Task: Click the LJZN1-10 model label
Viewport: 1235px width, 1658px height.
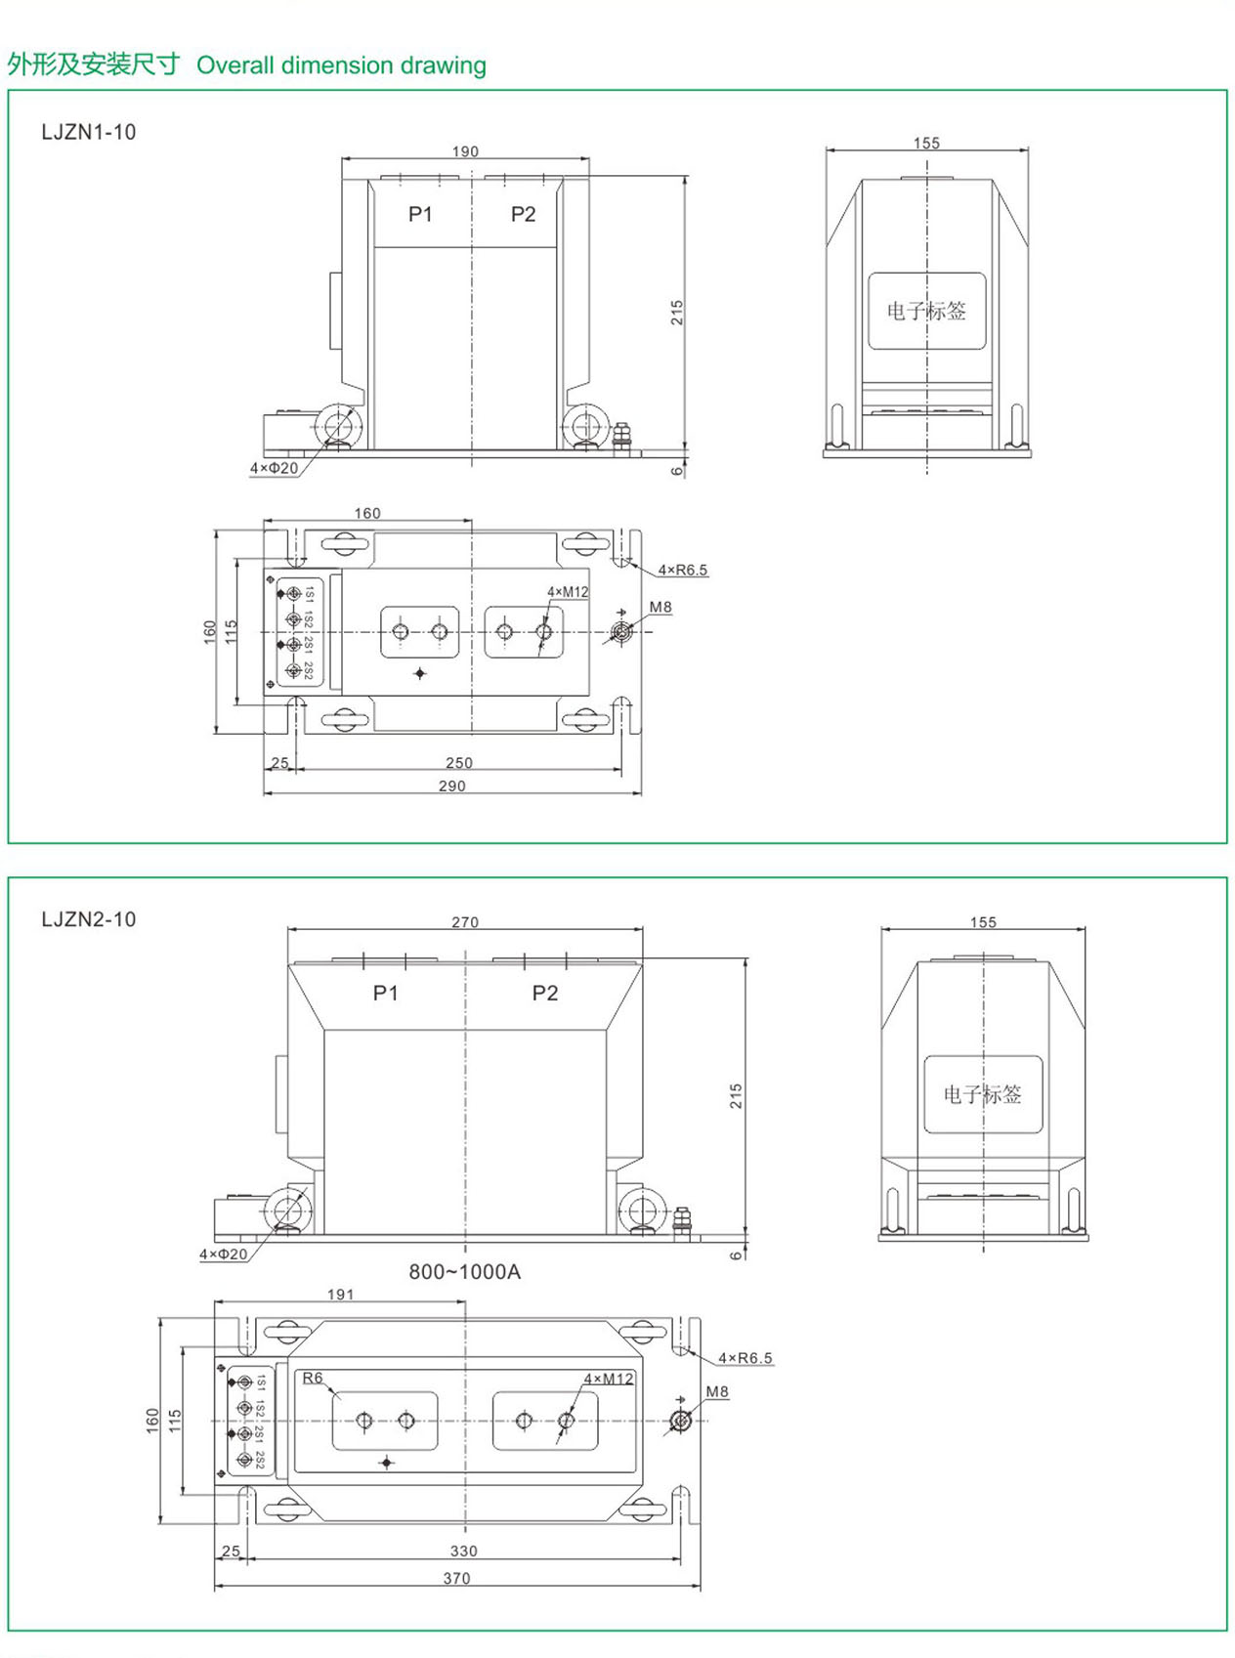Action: click(89, 132)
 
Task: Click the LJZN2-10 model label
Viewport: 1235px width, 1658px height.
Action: click(89, 919)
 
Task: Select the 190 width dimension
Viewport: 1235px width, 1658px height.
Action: click(465, 151)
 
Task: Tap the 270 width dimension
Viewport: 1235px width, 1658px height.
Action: click(465, 922)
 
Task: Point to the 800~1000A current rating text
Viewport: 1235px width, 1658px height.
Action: click(464, 1271)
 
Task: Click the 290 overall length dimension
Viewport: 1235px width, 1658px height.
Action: click(452, 786)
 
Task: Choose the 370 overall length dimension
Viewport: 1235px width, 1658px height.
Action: click(456, 1578)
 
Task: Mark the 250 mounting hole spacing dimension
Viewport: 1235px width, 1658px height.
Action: click(459, 762)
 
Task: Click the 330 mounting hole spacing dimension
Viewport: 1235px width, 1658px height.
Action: click(463, 1552)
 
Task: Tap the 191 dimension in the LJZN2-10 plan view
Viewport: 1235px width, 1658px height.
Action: click(341, 1295)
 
